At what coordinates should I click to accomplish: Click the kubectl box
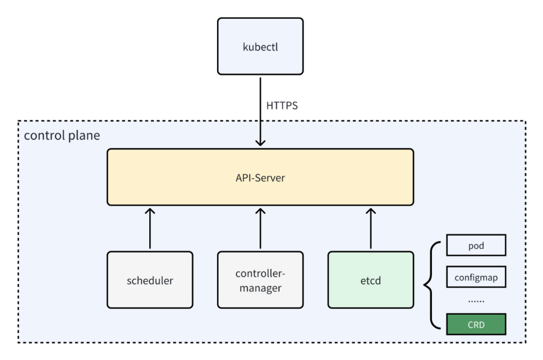pyautogui.click(x=260, y=46)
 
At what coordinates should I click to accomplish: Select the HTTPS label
pyautogui.click(x=282, y=106)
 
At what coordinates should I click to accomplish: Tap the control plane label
pyautogui.click(x=62, y=135)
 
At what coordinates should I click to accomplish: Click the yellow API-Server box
pyautogui.click(x=260, y=177)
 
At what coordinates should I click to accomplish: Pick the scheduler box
pyautogui.click(x=150, y=280)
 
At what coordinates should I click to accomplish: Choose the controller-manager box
pyautogui.click(x=260, y=280)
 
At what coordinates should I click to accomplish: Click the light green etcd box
pyautogui.click(x=371, y=280)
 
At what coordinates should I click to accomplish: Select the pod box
pyautogui.click(x=476, y=245)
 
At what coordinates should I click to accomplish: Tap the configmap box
pyautogui.click(x=476, y=277)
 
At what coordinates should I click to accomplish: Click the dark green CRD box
pyautogui.click(x=476, y=324)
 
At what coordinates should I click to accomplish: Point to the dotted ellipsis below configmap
pyautogui.click(x=476, y=302)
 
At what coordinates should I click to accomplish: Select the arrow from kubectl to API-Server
pyautogui.click(x=260, y=112)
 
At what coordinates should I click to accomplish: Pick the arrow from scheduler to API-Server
pyautogui.click(x=150, y=228)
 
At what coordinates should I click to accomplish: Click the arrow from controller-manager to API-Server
pyautogui.click(x=260, y=228)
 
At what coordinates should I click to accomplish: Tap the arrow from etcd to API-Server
pyautogui.click(x=371, y=228)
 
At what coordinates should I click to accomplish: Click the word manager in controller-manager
pyautogui.click(x=260, y=288)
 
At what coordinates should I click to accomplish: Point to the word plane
pyautogui.click(x=84, y=135)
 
